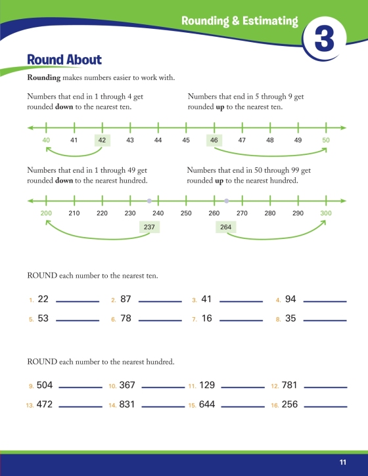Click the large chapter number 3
[325, 39]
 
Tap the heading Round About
[64, 60]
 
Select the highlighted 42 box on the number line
[102, 141]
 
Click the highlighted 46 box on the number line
[214, 141]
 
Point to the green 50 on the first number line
[326, 141]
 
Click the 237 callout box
[149, 227]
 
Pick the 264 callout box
[226, 227]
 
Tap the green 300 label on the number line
[326, 213]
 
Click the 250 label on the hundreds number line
[186, 213]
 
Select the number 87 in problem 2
[126, 299]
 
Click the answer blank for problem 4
[325, 301]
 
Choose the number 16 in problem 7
[206, 318]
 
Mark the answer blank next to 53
[78, 320]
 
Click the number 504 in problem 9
[45, 385]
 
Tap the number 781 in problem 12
[289, 385]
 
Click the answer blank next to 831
[163, 406]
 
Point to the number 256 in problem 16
[290, 404]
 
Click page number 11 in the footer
[343, 462]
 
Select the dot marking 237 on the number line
[149, 201]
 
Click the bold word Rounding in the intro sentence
[44, 77]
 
